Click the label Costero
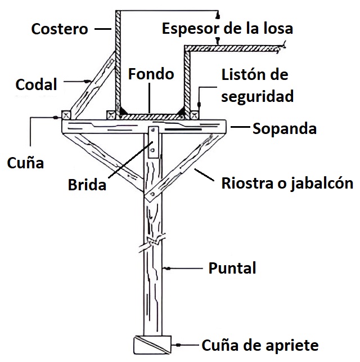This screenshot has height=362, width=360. coord(60,29)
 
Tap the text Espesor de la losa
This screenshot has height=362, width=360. coord(227,28)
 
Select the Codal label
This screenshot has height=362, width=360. coord(37,85)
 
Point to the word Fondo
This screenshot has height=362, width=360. coord(151,74)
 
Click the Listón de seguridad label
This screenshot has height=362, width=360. coord(257,85)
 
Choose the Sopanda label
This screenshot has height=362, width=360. coord(285,128)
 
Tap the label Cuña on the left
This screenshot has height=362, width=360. coord(25,163)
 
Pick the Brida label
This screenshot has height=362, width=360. coord(87,185)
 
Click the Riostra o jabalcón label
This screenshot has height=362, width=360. coord(287,184)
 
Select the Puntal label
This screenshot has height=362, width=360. coord(232,268)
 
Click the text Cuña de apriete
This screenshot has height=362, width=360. coord(260,345)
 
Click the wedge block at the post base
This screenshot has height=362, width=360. coord(152,344)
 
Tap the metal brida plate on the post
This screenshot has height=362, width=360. coord(154,144)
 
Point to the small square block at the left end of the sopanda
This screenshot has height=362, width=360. coord(64,114)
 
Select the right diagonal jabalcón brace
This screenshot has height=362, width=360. coord(185,163)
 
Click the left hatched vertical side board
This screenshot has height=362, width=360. coord(118,62)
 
